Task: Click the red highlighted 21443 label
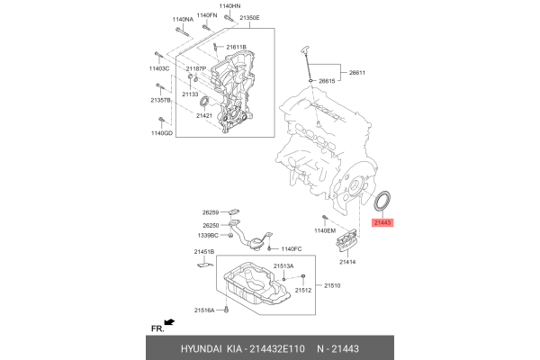(383, 221)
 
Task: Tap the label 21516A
(206, 310)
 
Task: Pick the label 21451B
(205, 253)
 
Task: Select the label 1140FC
(293, 249)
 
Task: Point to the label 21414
(348, 263)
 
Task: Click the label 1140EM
(323, 231)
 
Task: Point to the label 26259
(211, 212)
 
